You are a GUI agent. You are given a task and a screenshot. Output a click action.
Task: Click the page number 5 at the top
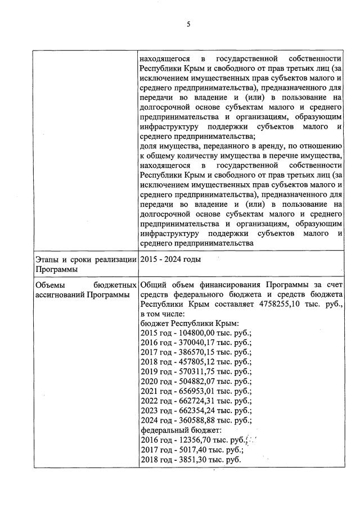tap(188, 24)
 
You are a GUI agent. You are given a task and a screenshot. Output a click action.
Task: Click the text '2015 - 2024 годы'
tap(170, 259)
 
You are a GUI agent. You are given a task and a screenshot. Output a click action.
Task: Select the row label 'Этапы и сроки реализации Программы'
tap(85, 264)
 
